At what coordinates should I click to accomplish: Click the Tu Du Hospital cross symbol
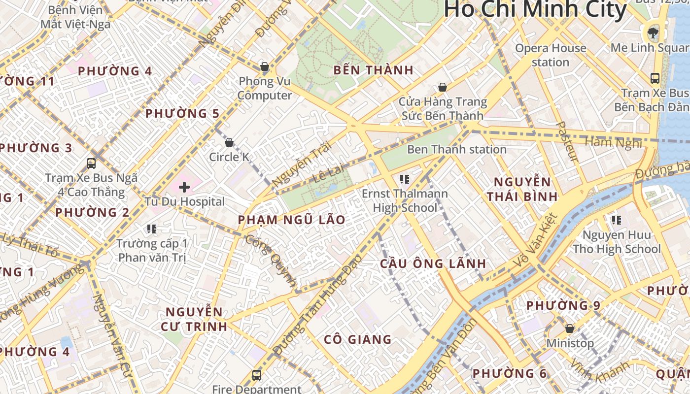[184, 187]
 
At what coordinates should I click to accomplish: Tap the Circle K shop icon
[229, 143]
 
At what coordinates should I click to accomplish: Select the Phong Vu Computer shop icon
[265, 66]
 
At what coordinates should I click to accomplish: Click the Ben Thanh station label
[456, 149]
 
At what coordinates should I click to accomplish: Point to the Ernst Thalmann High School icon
[405, 179]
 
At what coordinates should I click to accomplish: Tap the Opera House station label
[551, 55]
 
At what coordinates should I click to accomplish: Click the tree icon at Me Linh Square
[653, 33]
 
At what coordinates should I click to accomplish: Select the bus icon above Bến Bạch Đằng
[655, 78]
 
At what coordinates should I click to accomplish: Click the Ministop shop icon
[570, 328]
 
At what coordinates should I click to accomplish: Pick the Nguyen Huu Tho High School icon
[616, 220]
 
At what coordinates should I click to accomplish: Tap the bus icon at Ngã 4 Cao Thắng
[91, 163]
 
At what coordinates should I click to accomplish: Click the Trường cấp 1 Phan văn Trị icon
[152, 229]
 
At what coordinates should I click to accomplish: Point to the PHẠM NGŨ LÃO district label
[291, 220]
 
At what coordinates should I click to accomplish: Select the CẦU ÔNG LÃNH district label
[433, 263]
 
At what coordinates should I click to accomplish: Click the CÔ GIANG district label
[358, 339]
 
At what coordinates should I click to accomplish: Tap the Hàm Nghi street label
[613, 142]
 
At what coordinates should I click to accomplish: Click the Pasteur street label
[567, 142]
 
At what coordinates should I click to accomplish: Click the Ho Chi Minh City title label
[535, 10]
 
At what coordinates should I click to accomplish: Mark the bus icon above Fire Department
[256, 375]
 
